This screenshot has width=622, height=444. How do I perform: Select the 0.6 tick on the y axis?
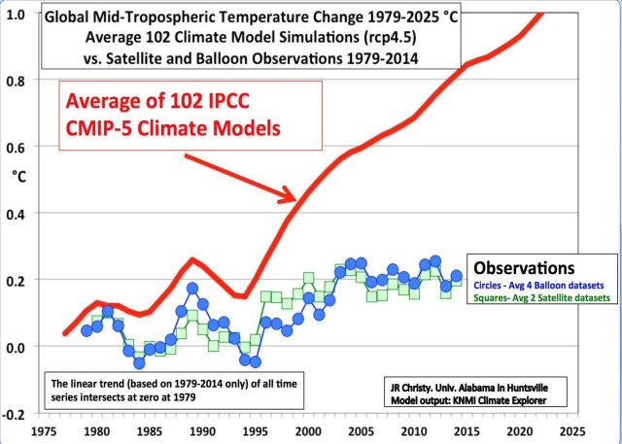pos(17,147)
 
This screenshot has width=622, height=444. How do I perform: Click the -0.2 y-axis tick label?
pos(15,413)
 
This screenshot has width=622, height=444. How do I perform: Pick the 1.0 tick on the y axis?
pos(17,15)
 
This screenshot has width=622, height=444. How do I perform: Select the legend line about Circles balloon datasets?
pos(540,285)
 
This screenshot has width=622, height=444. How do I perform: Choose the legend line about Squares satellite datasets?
pos(540,298)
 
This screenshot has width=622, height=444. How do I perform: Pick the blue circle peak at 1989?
pos(191,289)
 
